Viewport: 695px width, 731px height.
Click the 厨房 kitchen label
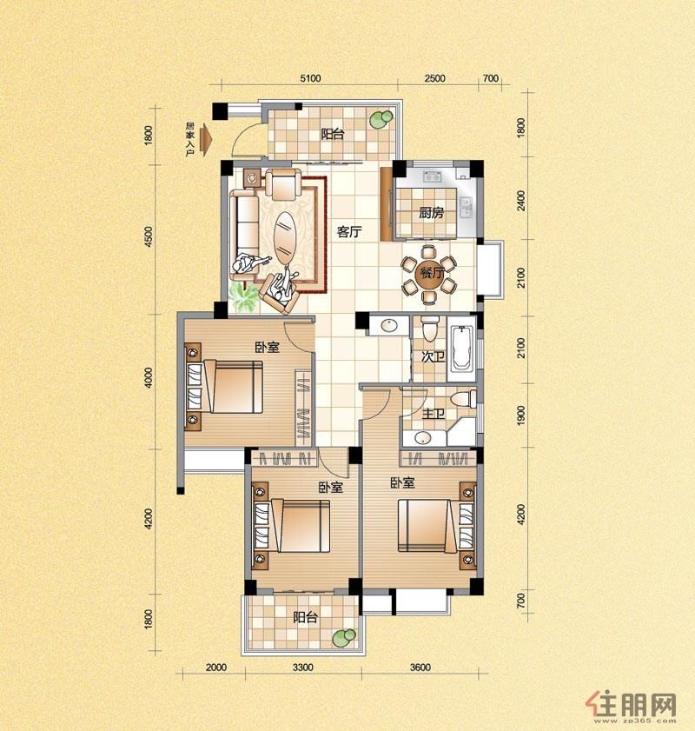click(x=432, y=214)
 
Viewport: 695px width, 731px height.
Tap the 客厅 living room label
click(x=349, y=232)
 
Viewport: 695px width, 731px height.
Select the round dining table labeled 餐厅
click(x=429, y=274)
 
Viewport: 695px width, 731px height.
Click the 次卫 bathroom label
click(x=433, y=357)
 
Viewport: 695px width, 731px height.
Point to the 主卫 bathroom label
click(x=434, y=414)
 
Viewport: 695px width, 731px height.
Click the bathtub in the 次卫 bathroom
click(x=461, y=348)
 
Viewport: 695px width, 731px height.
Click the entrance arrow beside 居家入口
click(x=205, y=138)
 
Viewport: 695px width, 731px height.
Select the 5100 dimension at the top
click(x=310, y=78)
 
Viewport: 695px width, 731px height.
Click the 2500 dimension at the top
click(x=434, y=78)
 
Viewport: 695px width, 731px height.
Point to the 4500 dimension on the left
click(x=149, y=236)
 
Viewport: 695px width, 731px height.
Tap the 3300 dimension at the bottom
click(x=303, y=668)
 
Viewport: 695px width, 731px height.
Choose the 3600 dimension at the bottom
click(x=420, y=668)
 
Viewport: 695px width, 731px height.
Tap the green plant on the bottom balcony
click(x=344, y=637)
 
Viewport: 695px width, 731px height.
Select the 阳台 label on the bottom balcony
click(x=306, y=618)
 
